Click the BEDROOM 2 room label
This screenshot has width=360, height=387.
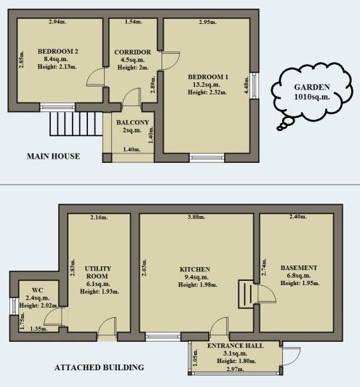(x=61, y=50)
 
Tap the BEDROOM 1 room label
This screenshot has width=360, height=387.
(x=208, y=76)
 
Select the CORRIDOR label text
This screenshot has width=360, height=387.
(x=132, y=52)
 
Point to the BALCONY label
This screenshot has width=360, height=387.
(x=132, y=121)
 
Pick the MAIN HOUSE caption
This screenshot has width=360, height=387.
(x=53, y=156)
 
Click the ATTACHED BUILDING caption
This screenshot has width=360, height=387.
(x=99, y=367)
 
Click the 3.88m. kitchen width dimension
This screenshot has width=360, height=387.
(x=196, y=217)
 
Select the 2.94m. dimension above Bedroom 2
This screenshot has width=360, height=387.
(x=58, y=22)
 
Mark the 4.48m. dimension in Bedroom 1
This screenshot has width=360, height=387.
(x=248, y=88)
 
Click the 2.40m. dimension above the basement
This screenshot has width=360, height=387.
(x=298, y=217)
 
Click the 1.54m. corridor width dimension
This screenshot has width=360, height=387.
(x=132, y=22)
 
